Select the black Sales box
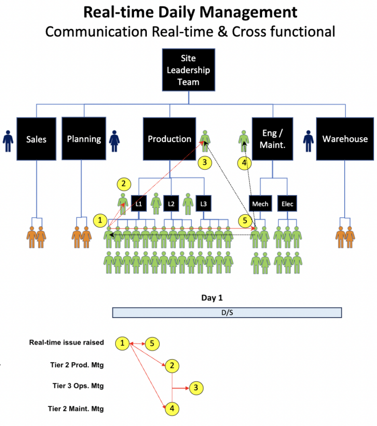pyautogui.click(x=36, y=139)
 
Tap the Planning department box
pyautogui.click(x=84, y=139)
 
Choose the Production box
pyautogui.click(x=169, y=139)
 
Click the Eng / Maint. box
pyautogui.click(x=273, y=139)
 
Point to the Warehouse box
pyautogui.click(x=345, y=139)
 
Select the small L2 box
pyautogui.click(x=171, y=203)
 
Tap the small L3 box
pyautogui.click(x=203, y=203)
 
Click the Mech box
pyautogui.click(x=260, y=203)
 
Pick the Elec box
pyautogui.click(x=287, y=203)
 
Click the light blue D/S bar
pyautogui.click(x=227, y=313)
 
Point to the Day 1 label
pyautogui.click(x=215, y=298)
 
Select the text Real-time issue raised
pyautogui.click(x=67, y=343)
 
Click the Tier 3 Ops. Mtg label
pyautogui.click(x=78, y=386)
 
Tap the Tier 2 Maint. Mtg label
pyautogui.click(x=76, y=408)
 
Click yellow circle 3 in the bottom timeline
pyautogui.click(x=196, y=388)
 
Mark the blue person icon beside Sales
pyautogui.click(x=8, y=141)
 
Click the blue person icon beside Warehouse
pyautogui.click(x=308, y=141)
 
